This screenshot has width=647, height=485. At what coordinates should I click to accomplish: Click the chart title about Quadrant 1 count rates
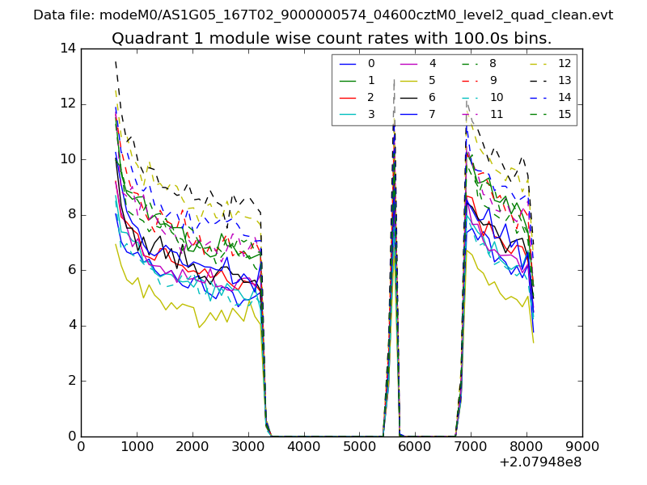point(332,39)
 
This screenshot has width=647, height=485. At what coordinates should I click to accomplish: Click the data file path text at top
point(323,15)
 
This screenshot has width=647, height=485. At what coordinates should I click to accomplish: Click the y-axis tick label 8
point(71,215)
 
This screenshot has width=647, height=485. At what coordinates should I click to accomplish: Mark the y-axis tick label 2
point(71,381)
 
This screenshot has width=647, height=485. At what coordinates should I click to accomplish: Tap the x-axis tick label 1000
point(137,446)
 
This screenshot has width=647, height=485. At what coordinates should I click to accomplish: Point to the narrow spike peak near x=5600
point(394,81)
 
